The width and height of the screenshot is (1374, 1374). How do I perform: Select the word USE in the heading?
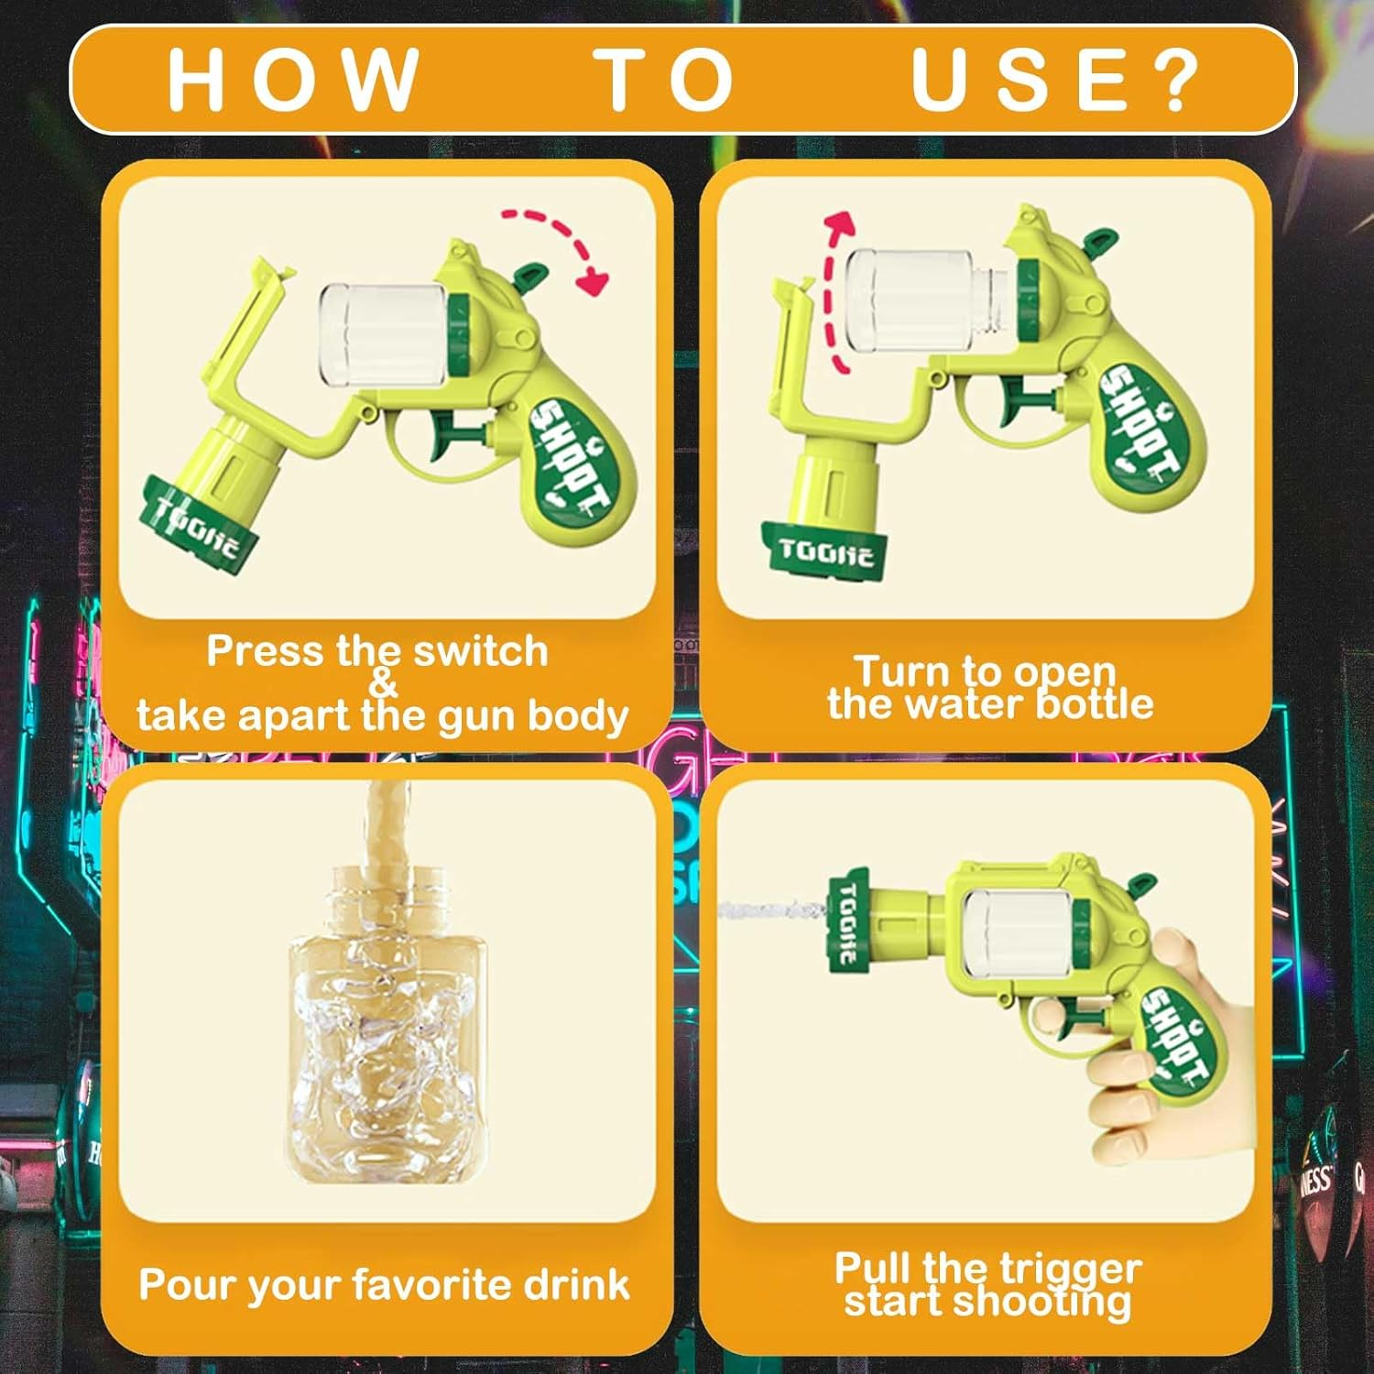coord(1020,79)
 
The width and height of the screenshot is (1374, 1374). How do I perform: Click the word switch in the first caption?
coord(480,651)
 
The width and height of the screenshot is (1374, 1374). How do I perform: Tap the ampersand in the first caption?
coord(383,682)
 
